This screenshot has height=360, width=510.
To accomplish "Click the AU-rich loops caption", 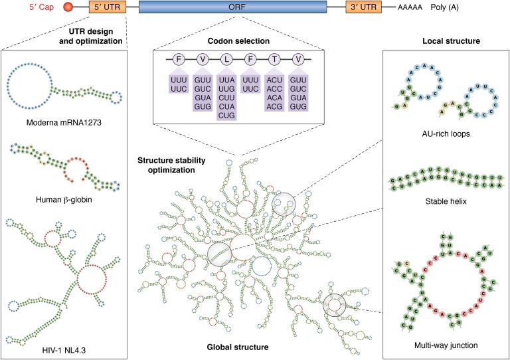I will coord(446,134).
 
